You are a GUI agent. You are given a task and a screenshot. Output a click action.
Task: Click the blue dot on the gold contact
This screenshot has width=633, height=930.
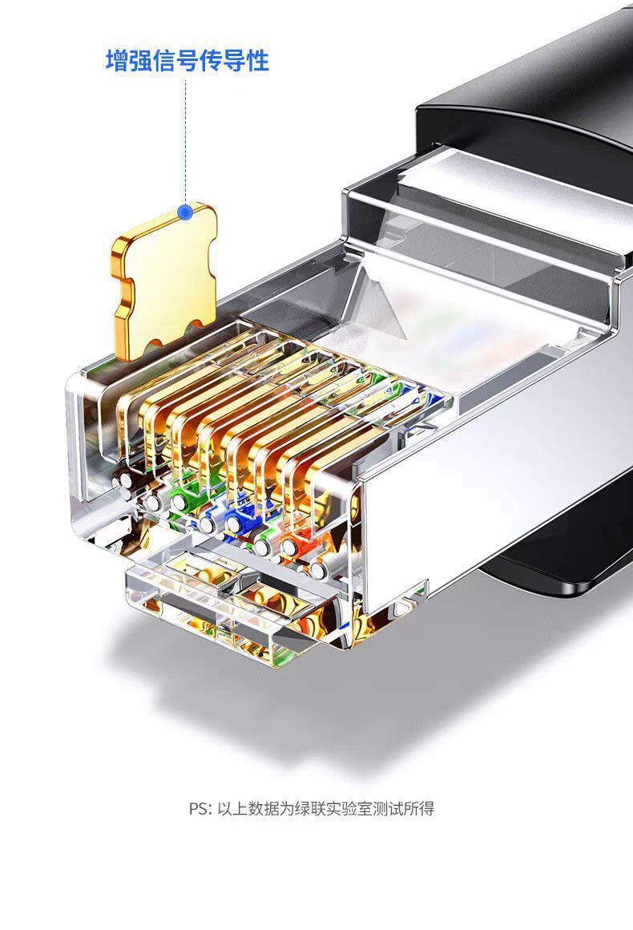tap(186, 212)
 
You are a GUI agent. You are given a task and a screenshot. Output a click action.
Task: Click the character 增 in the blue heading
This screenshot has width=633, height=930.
tap(117, 61)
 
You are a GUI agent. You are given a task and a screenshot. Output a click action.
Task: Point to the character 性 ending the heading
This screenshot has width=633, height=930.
tap(257, 61)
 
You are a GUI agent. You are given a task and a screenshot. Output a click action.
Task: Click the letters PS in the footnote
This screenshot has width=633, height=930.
tap(198, 808)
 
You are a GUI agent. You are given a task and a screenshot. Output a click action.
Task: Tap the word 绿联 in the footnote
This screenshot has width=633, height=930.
tap(309, 808)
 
